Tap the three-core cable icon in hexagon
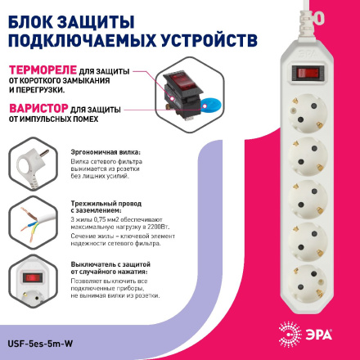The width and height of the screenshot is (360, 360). [31, 222]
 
